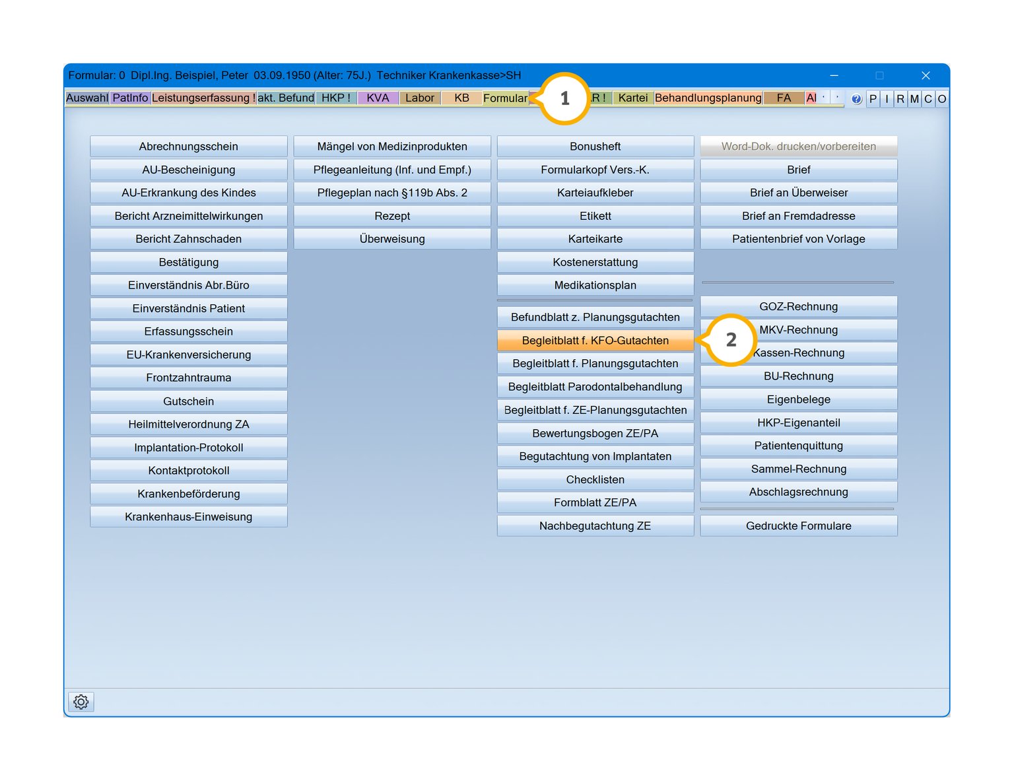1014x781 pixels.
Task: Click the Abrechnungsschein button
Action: (x=189, y=146)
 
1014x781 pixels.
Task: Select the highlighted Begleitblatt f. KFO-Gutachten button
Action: (x=595, y=340)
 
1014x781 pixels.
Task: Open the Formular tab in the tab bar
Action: (x=505, y=98)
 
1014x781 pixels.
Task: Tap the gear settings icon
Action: (x=81, y=701)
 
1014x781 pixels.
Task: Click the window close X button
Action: (x=926, y=75)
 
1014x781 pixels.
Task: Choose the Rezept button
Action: (x=392, y=215)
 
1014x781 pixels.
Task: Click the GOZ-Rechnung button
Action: (x=798, y=306)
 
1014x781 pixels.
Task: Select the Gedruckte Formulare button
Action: (x=798, y=526)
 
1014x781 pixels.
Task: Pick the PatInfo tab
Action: (x=130, y=98)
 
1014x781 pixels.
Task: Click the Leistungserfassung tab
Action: (x=203, y=98)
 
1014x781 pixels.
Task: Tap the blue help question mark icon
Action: (x=856, y=99)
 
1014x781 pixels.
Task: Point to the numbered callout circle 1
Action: (x=564, y=98)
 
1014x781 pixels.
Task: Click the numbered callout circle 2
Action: (x=731, y=339)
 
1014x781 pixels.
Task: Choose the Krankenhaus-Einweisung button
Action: (x=189, y=516)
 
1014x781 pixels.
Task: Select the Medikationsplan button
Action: (x=595, y=285)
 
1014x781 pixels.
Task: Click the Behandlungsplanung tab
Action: (x=708, y=98)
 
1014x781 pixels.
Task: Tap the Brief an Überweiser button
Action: (x=798, y=192)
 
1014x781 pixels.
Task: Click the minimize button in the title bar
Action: (x=834, y=75)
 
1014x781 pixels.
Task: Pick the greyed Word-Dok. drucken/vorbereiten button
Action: (x=798, y=146)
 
